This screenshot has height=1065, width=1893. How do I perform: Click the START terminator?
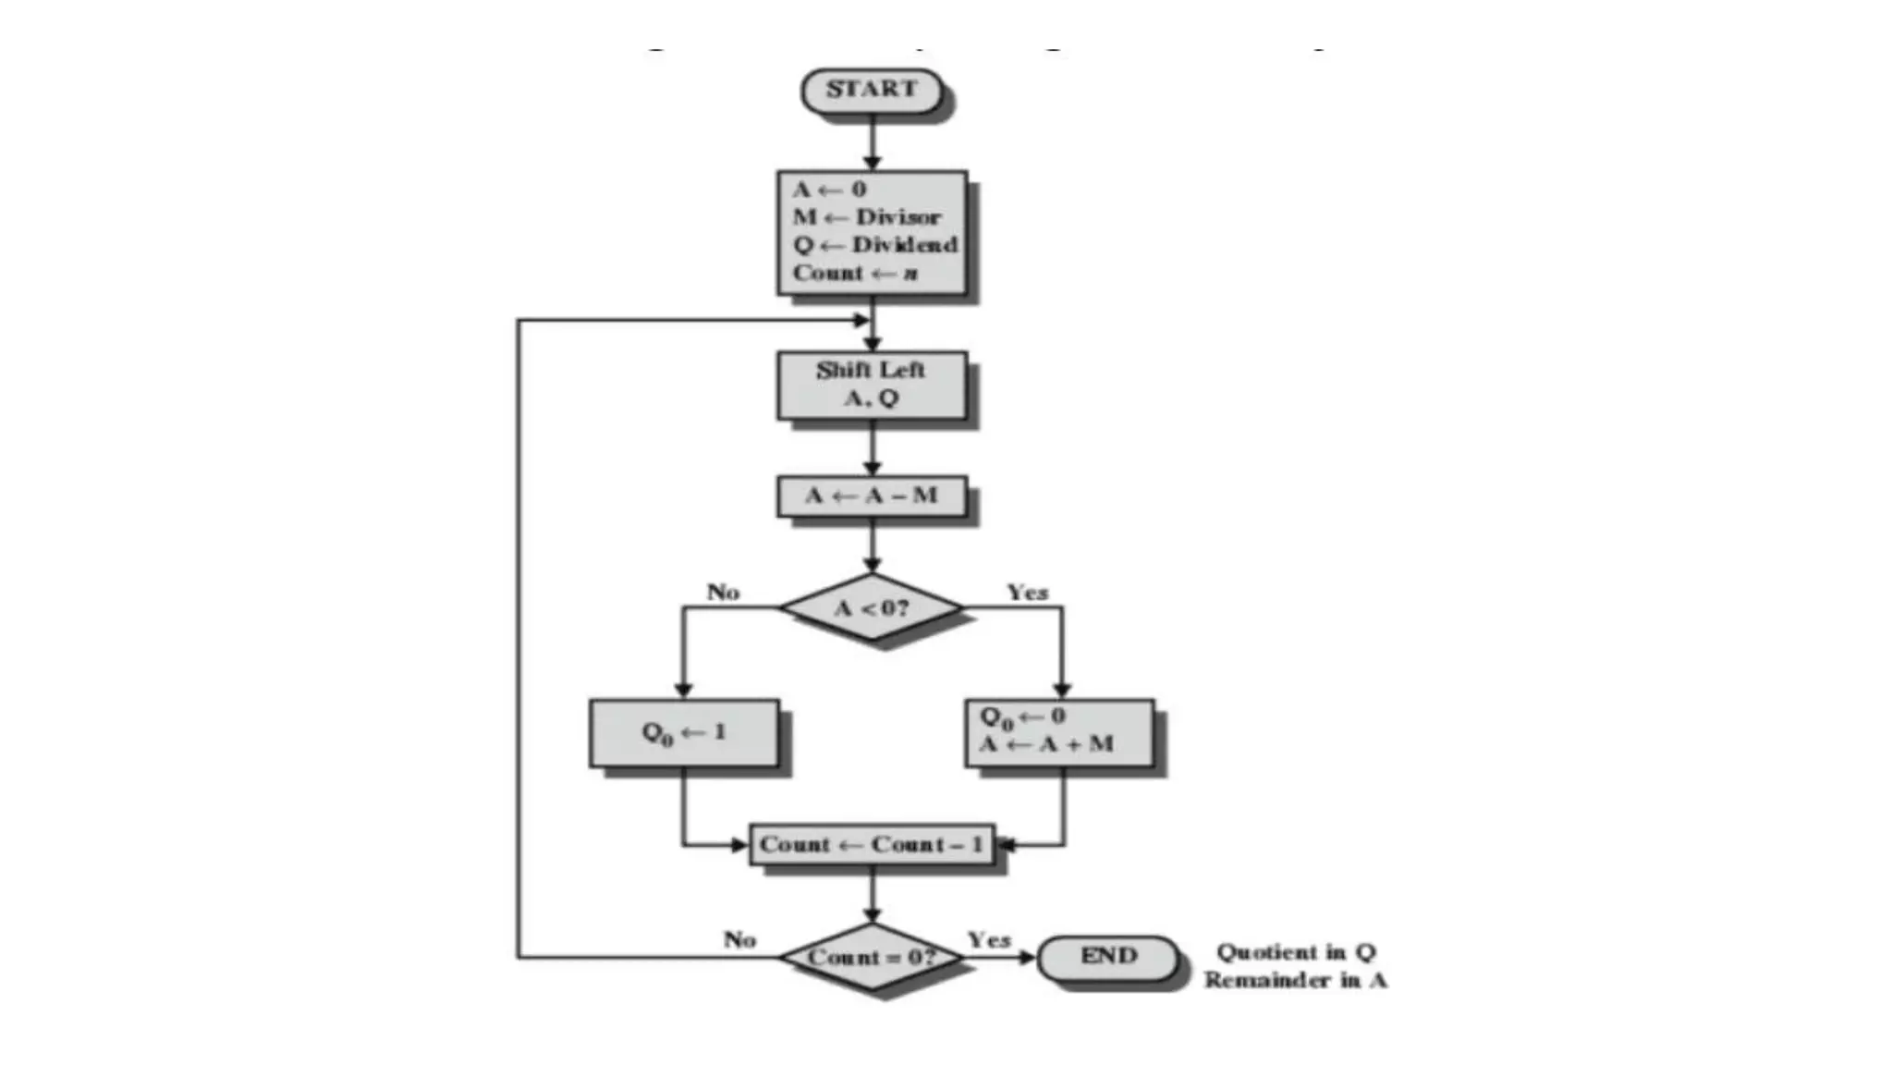click(872, 91)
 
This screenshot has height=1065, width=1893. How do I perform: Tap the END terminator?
click(1107, 957)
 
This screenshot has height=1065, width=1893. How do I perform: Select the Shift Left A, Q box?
click(872, 384)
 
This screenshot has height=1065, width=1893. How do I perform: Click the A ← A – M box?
click(872, 496)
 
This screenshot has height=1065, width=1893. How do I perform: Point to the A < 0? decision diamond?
click(872, 607)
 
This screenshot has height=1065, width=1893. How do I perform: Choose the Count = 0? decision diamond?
click(872, 957)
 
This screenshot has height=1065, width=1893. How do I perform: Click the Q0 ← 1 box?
click(684, 733)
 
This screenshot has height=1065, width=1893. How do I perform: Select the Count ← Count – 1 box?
click(872, 845)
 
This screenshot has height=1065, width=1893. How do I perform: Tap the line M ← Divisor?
click(866, 217)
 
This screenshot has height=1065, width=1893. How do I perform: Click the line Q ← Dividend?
click(874, 245)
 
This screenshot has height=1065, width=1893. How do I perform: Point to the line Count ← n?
click(855, 273)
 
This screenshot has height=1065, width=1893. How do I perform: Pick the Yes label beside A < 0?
click(1027, 593)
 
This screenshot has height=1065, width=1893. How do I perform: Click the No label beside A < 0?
click(723, 593)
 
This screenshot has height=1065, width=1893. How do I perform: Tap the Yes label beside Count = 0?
click(989, 940)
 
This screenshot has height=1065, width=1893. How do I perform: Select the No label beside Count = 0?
click(739, 940)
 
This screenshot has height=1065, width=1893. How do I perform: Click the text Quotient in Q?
click(1296, 952)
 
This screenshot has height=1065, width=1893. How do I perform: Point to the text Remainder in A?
click(1296, 980)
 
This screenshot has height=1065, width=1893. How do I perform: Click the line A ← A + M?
click(1046, 744)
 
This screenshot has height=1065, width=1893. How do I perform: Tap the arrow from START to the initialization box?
click(872, 141)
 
